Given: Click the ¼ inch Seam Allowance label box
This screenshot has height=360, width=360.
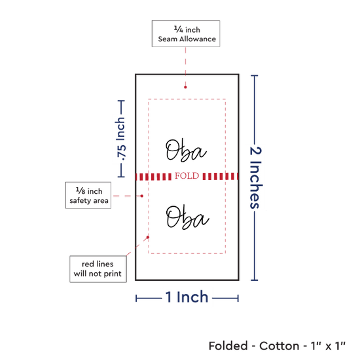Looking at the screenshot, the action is tap(186, 34).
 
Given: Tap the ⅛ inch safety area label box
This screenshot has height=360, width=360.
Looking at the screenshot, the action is tap(88, 196).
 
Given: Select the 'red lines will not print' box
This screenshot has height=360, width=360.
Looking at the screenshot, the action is tap(98, 269).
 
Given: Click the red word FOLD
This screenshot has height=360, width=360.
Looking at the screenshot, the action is tap(187, 176).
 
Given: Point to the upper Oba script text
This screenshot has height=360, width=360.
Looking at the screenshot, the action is tap(186, 151).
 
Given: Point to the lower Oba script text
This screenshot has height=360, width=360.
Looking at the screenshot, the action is tap(187, 217).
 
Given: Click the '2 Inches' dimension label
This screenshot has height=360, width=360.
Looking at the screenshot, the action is tap(256, 177).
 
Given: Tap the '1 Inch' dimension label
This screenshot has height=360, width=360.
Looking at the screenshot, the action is tap(187, 297).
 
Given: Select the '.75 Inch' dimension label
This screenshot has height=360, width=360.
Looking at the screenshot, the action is tap(121, 139).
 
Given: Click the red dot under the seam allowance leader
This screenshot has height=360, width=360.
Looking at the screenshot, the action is tap(185, 87).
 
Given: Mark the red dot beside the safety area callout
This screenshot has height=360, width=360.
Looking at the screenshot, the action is tap(142, 196).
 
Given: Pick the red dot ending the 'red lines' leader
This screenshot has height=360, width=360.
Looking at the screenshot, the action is tap(148, 237).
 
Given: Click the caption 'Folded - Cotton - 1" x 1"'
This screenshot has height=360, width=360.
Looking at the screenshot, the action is tap(277, 346).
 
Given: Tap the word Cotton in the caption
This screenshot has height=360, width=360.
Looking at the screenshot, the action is tap(279, 346).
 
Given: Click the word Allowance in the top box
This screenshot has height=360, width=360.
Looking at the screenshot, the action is tap(198, 39).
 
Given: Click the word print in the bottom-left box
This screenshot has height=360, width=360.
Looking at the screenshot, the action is tap(113, 274).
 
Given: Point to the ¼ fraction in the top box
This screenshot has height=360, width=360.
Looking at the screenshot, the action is tap(179, 29).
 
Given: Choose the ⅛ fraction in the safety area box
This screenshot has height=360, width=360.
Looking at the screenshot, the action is tap(81, 190).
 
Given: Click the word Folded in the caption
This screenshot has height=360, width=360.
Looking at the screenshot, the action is tap(228, 346).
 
